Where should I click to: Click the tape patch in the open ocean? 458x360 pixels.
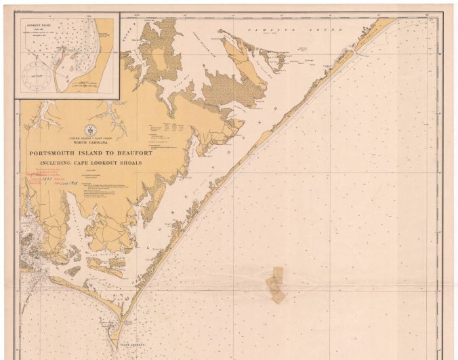point(276,283)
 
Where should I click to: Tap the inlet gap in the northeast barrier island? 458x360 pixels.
point(353,50)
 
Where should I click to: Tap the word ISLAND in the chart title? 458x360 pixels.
point(92,153)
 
